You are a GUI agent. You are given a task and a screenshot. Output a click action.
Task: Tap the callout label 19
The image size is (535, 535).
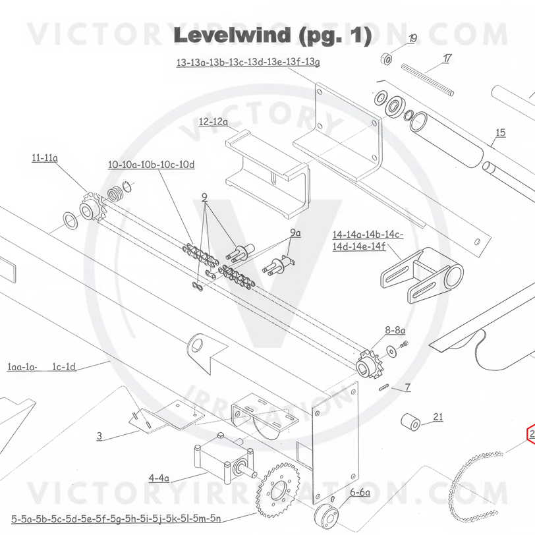412,38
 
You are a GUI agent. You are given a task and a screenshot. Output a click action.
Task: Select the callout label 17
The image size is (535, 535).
447,59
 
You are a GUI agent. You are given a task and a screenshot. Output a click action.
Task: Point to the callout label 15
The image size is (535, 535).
500,132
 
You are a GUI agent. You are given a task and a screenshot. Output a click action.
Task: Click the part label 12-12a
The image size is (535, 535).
213,122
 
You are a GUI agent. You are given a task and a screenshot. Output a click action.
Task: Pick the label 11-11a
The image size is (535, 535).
45,158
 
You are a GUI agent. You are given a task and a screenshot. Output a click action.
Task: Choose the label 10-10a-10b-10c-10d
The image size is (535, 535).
152,165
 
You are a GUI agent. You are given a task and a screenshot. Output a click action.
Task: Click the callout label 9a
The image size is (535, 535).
295,233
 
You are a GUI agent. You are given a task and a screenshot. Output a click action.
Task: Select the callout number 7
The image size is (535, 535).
408,387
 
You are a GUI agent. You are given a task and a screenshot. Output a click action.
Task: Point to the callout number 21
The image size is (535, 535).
438,416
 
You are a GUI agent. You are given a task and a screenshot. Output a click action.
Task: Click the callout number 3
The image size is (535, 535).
99,436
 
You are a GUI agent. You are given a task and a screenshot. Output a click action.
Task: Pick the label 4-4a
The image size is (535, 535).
159,478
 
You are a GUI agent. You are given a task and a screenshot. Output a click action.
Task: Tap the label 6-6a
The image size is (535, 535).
360,492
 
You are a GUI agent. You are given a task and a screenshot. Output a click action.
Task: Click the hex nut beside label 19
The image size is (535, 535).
387,59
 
